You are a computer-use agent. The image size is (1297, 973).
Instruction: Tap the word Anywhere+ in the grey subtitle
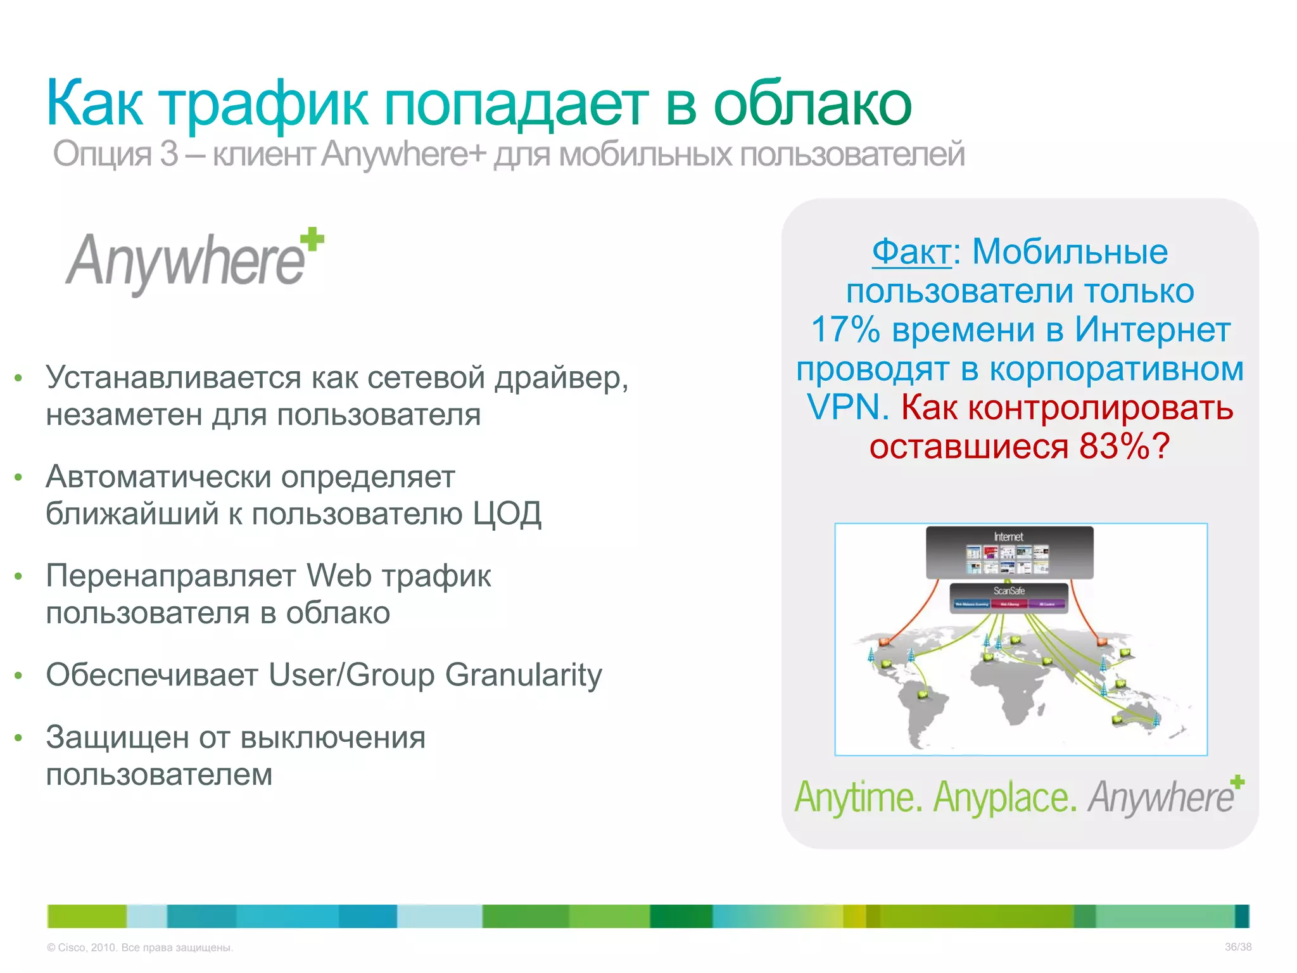coord(403,154)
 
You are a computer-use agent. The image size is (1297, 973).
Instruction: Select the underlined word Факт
coord(911,252)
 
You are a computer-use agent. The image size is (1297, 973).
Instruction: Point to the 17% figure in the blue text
coord(845,330)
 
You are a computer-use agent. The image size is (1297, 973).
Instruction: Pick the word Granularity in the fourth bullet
coord(523,675)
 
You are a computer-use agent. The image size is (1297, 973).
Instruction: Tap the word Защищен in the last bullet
coord(117,738)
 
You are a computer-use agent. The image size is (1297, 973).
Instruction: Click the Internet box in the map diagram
coord(1009,552)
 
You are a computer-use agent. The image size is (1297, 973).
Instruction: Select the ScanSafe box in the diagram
coord(1009,597)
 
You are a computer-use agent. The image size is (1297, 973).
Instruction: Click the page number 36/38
coord(1237,947)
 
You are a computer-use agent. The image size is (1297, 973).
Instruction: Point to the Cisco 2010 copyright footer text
coord(140,948)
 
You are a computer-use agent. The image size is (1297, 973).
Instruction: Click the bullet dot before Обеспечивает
coord(19,676)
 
